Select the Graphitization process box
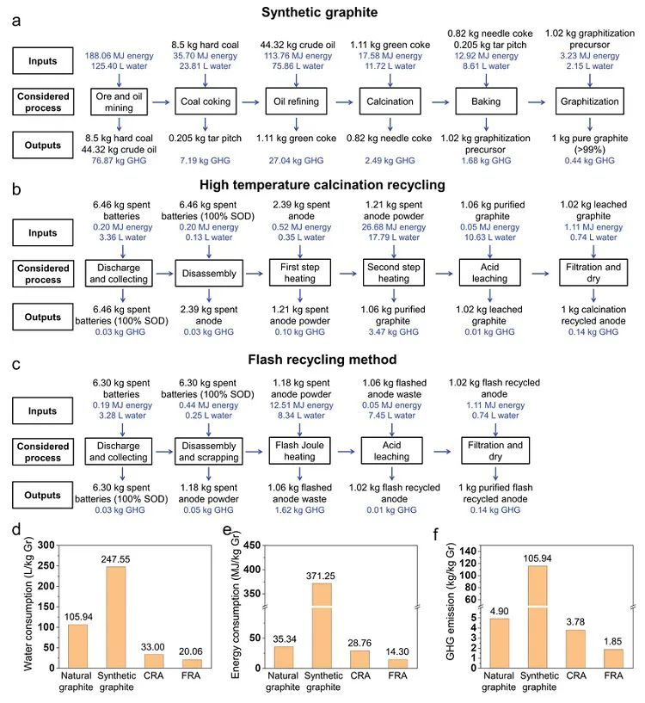pyautogui.click(x=590, y=102)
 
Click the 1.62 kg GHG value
pyautogui.click(x=297, y=509)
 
